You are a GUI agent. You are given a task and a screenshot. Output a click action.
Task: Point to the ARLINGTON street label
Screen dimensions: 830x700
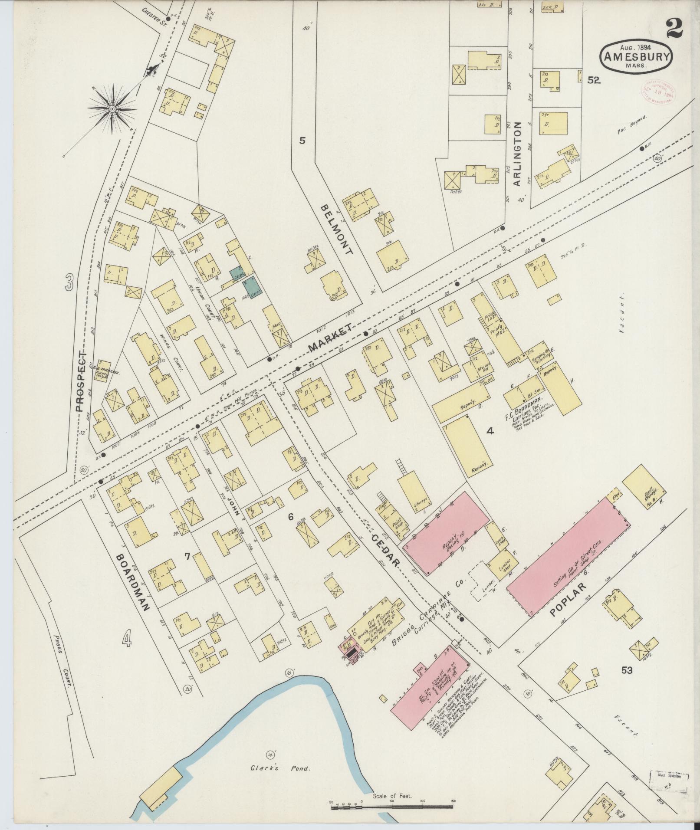click(516, 154)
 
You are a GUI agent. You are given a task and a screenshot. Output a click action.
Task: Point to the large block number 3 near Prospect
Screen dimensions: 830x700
click(69, 284)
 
